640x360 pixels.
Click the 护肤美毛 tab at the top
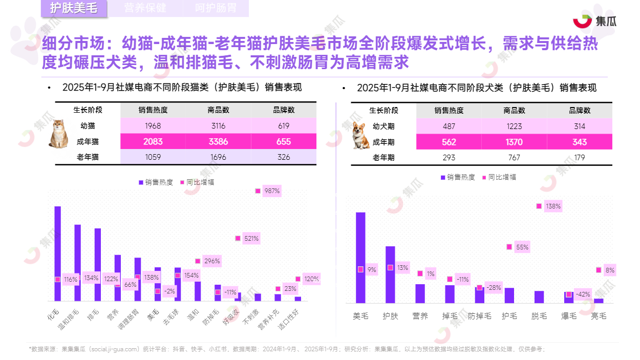[x=74, y=9]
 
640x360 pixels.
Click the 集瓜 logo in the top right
[x=594, y=21]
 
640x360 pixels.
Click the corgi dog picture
[x=361, y=135]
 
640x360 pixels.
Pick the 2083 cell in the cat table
[x=153, y=142]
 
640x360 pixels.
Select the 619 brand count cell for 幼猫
[x=284, y=126]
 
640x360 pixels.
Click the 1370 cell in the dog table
[x=514, y=142]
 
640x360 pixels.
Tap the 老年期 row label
[x=383, y=158]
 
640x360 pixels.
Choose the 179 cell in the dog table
[x=579, y=158]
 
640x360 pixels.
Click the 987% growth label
[x=272, y=191]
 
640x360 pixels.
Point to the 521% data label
[x=251, y=238]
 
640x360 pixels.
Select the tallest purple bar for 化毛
[x=58, y=253]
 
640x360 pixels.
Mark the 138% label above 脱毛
[x=553, y=206]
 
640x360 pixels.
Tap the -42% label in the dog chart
[x=583, y=294]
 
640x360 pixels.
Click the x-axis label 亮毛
[x=599, y=316]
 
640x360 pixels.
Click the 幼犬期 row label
[x=383, y=126]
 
